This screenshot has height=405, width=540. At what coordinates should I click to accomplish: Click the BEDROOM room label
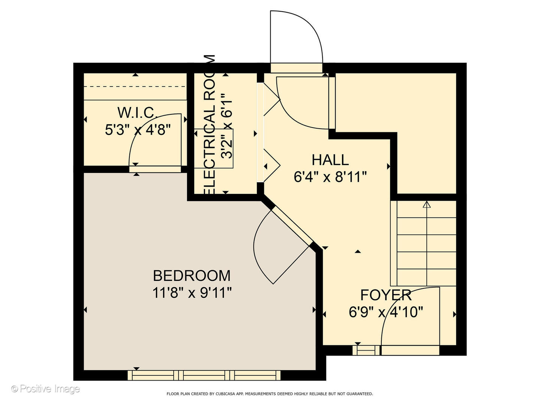click(192, 276)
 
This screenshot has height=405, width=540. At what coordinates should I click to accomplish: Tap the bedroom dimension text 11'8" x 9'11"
click(192, 292)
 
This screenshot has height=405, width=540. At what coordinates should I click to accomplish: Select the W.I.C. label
click(136, 112)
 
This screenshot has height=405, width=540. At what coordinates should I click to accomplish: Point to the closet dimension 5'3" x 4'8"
click(138, 130)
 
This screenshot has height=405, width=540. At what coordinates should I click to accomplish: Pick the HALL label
click(330, 160)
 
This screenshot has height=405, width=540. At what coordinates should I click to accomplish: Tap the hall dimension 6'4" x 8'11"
click(330, 177)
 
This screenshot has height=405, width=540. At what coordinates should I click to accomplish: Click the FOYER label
click(386, 295)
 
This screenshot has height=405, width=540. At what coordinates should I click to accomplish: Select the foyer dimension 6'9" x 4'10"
click(386, 312)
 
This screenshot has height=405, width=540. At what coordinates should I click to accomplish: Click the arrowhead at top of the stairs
click(427, 205)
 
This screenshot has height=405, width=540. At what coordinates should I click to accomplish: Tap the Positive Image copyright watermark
click(45, 389)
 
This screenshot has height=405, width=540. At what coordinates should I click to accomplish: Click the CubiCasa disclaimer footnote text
click(270, 394)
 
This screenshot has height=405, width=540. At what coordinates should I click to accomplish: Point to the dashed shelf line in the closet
click(135, 87)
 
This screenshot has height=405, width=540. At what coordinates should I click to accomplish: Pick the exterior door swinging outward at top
click(296, 37)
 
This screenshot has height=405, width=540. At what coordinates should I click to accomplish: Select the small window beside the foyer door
click(366, 350)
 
